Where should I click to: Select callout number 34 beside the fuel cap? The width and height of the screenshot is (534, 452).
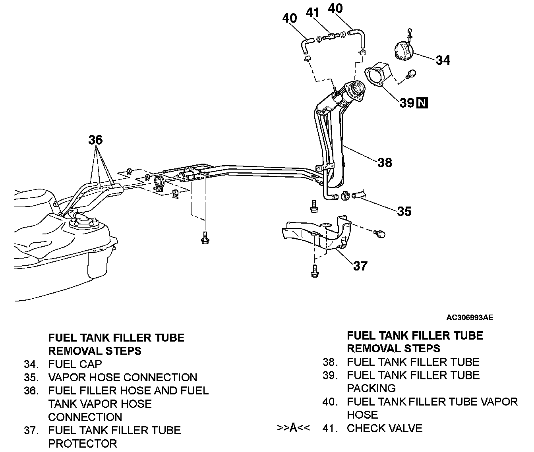pyautogui.click(x=443, y=60)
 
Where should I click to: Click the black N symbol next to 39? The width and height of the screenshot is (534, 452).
pyautogui.click(x=422, y=103)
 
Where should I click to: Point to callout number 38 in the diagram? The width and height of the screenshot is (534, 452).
pyautogui.click(x=385, y=162)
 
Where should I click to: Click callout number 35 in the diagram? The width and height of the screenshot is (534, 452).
pyautogui.click(x=404, y=211)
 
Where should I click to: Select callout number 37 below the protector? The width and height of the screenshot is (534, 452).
pyautogui.click(x=360, y=265)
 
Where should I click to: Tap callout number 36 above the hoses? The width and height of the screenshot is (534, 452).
pyautogui.click(x=95, y=140)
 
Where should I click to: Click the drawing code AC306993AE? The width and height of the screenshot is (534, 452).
pyautogui.click(x=470, y=317)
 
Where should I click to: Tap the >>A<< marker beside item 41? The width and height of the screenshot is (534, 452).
pyautogui.click(x=293, y=428)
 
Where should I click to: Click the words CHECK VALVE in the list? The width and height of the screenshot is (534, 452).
pyautogui.click(x=384, y=428)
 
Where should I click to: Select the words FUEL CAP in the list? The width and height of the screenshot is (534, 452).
pyautogui.click(x=75, y=364)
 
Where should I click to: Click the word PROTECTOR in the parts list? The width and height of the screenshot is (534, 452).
pyautogui.click(x=83, y=443)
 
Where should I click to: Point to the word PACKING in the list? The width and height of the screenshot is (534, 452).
pyautogui.click(x=371, y=388)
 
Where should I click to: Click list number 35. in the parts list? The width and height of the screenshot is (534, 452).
pyautogui.click(x=31, y=377)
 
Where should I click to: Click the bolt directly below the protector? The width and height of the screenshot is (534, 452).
pyautogui.click(x=314, y=271)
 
